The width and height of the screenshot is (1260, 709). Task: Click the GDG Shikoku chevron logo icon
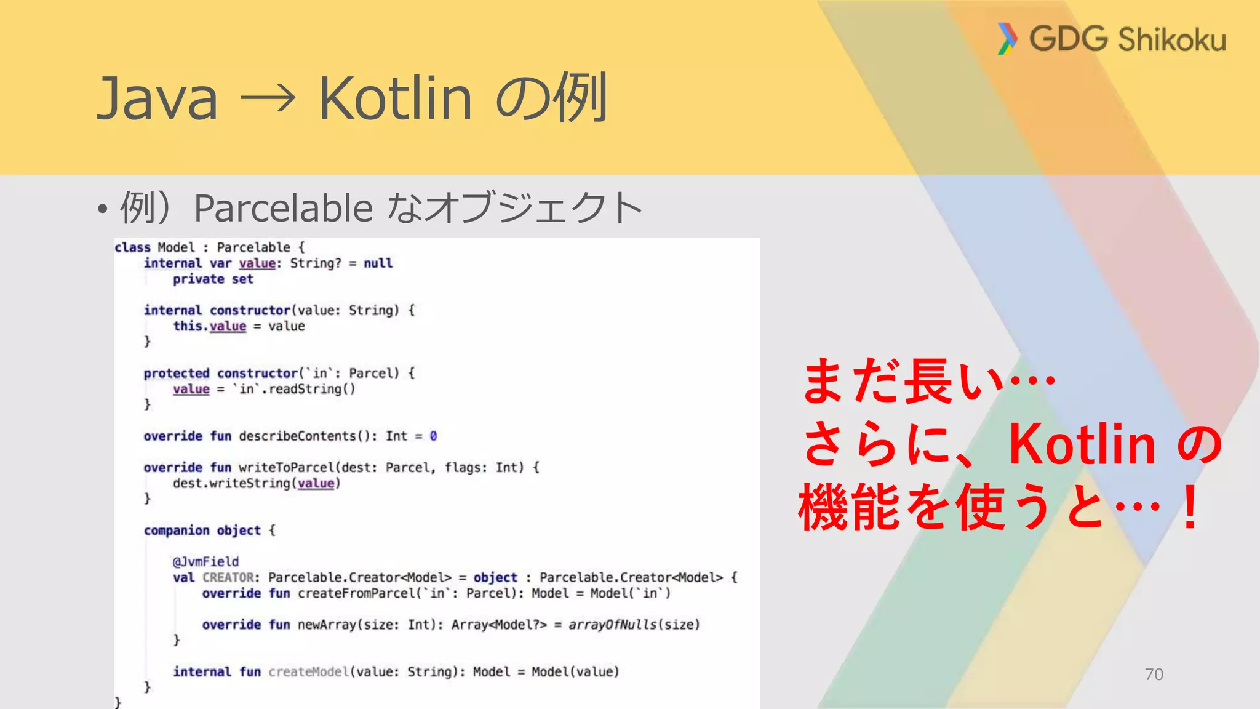pyautogui.click(x=1007, y=39)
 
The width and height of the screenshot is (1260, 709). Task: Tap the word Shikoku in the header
pyautogui.click(x=1172, y=40)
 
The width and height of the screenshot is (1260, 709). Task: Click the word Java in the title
pyautogui.click(x=157, y=98)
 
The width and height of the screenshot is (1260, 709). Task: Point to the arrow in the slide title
pyautogui.click(x=268, y=98)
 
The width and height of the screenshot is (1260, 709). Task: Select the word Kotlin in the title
pyautogui.click(x=395, y=98)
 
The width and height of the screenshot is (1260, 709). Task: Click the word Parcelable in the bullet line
pyautogui.click(x=283, y=208)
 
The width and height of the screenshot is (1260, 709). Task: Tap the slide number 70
pyautogui.click(x=1154, y=675)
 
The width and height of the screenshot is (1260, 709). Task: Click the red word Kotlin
pyautogui.click(x=1083, y=444)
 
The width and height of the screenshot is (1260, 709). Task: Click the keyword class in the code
pyautogui.click(x=132, y=247)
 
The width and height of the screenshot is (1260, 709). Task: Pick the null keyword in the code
pyautogui.click(x=378, y=263)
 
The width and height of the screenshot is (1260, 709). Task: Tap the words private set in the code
pyautogui.click(x=213, y=279)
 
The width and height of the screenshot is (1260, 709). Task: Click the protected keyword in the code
pyautogui.click(x=177, y=374)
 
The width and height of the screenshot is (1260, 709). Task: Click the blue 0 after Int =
pyautogui.click(x=433, y=436)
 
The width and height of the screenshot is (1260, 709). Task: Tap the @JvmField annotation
pyautogui.click(x=205, y=562)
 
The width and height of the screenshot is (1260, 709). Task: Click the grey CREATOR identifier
pyautogui.click(x=228, y=578)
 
